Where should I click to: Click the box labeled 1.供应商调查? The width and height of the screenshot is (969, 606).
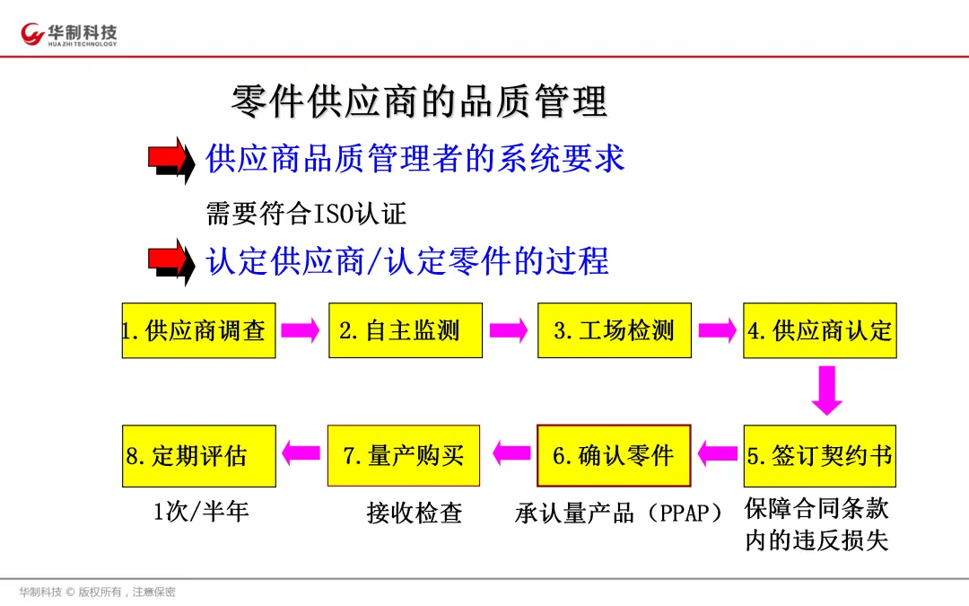198,330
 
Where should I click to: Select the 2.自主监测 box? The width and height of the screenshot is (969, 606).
406,330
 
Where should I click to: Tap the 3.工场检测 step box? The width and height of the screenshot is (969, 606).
614,330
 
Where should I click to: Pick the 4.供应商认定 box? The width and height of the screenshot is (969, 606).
819,330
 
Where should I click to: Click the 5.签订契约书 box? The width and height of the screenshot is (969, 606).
819,455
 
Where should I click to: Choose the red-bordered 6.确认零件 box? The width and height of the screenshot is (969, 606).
614,455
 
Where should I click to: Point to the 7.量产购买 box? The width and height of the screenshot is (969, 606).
404,455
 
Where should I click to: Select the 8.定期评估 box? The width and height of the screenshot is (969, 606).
198,455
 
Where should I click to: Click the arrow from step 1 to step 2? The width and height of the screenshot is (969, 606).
301,330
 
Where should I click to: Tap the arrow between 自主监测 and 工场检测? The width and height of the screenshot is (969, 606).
509,330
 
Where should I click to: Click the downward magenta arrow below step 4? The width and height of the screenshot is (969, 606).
825,390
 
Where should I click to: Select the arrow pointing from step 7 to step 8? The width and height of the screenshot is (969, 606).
301,452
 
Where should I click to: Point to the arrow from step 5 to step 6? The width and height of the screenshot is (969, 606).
717,452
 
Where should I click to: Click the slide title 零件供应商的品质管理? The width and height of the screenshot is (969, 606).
419,101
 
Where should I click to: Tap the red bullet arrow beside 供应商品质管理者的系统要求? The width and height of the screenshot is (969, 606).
171,160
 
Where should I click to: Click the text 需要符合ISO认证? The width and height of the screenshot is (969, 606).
306,214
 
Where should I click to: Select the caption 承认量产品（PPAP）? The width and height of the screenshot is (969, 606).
618,514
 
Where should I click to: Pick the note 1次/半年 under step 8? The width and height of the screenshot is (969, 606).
201,512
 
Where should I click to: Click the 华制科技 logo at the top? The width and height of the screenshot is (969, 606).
70,34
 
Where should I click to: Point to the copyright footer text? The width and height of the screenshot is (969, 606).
98,592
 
